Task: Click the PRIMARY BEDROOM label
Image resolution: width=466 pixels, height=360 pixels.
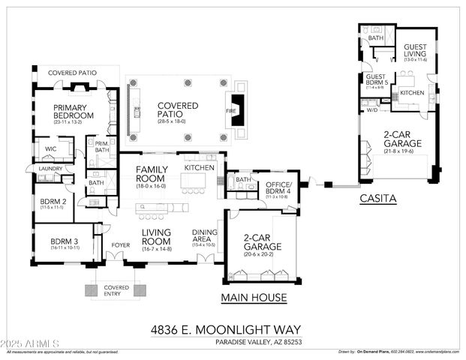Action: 73,112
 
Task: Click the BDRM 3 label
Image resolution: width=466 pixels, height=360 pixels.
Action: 65,242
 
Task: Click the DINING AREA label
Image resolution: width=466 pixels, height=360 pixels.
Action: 205,236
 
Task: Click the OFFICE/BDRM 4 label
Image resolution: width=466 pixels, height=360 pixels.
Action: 282,188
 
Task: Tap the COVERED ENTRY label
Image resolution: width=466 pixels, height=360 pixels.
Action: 116,291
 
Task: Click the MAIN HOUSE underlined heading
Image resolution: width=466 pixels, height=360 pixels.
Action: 254,298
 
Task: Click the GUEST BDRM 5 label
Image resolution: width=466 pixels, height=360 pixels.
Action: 375,80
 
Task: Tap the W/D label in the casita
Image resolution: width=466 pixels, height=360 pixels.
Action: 371,110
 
